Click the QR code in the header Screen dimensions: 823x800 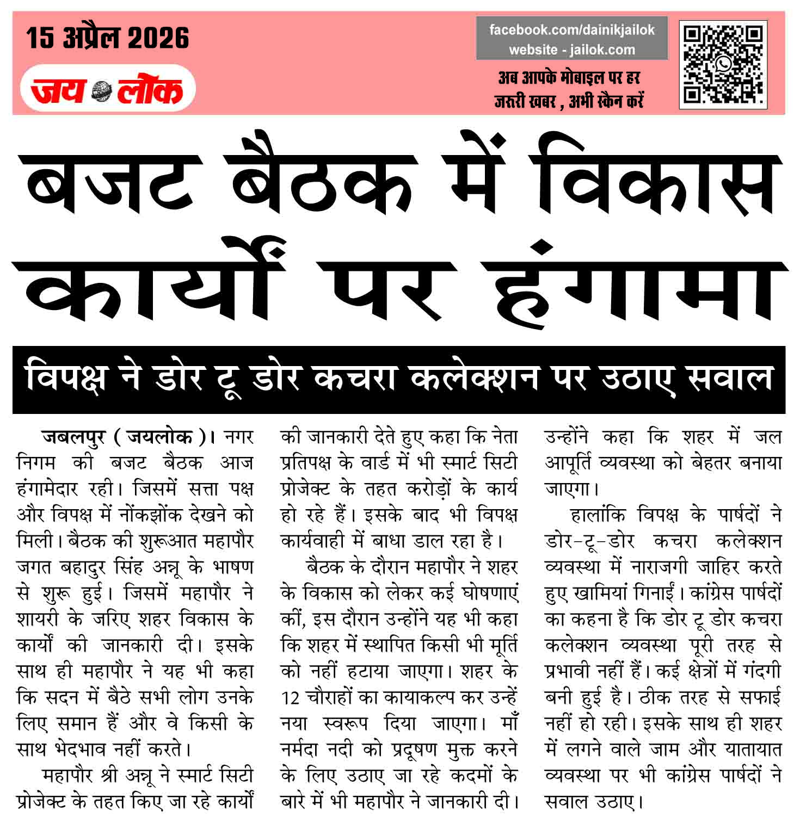tap(723, 65)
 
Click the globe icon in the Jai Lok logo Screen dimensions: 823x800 tap(101, 90)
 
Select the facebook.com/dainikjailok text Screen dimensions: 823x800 tap(571, 30)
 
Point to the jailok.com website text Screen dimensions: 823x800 tap(602, 50)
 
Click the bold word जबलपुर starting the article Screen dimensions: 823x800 tap(73, 437)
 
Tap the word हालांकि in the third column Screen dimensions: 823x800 tap(598, 515)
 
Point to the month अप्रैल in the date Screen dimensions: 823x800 tap(91, 38)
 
